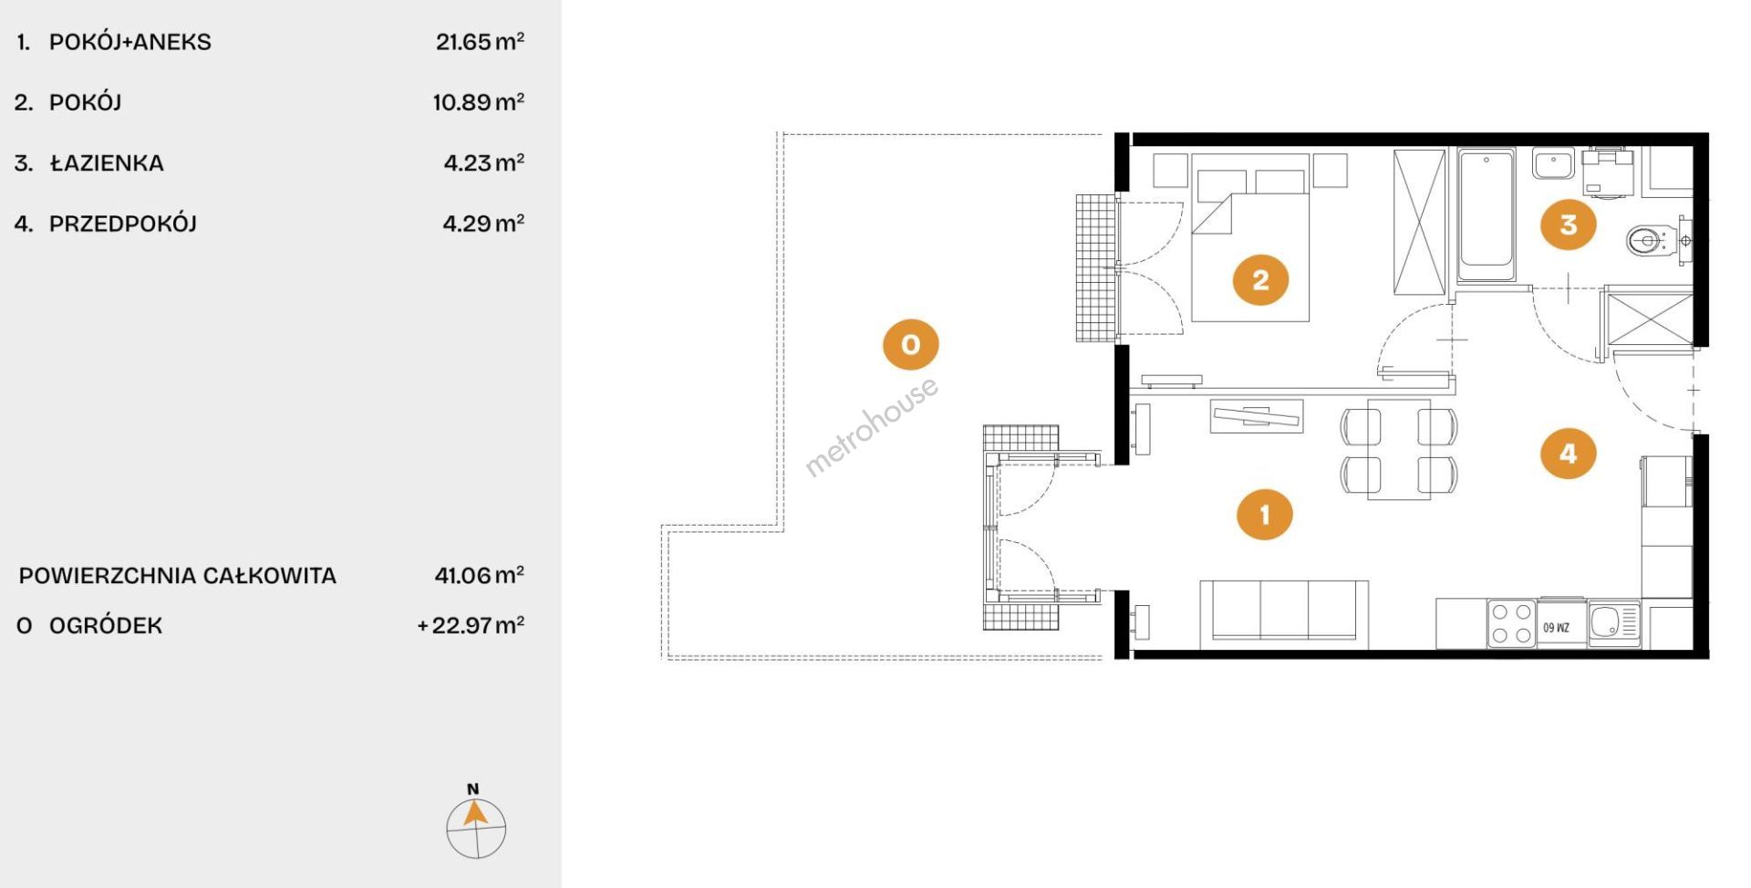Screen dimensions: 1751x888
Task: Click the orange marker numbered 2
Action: click(1260, 279)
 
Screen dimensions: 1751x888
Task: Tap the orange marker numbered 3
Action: click(1569, 224)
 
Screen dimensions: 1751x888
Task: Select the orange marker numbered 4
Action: click(1569, 453)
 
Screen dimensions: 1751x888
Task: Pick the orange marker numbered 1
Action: click(1264, 515)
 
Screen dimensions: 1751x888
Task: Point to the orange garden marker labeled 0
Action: click(910, 344)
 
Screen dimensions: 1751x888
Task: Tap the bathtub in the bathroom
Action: click(1486, 215)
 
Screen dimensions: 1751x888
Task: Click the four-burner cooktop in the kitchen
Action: click(1511, 623)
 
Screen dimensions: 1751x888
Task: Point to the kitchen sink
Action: click(1614, 624)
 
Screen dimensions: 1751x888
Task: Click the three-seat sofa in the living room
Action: click(1284, 614)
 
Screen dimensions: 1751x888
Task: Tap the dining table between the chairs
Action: click(1398, 449)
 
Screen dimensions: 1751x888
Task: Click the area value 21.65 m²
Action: click(480, 41)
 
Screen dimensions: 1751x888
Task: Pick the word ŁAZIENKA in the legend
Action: click(107, 162)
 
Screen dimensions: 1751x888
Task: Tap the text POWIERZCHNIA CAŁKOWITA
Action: click(178, 576)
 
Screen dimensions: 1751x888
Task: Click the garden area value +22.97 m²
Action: click(471, 625)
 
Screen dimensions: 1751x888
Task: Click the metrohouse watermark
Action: click(871, 426)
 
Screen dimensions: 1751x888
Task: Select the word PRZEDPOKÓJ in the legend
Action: click(123, 223)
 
